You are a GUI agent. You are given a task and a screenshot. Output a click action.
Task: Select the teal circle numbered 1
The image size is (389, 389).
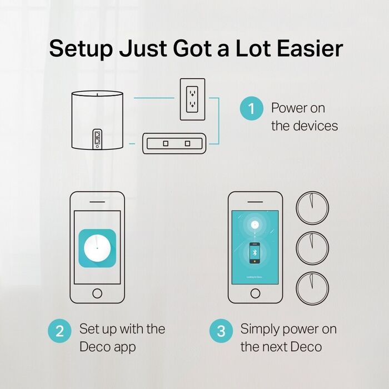[x=251, y=108]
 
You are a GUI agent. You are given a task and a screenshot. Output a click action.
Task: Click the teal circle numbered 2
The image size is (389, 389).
[x=59, y=332]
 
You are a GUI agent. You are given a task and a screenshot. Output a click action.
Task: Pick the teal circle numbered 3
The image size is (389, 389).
[x=221, y=332]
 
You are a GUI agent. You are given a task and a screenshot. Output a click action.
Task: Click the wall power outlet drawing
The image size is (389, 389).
[x=192, y=99]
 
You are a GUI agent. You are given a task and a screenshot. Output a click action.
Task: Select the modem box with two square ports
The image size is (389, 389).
[x=175, y=143]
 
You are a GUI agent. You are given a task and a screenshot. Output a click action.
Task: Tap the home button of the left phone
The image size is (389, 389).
[x=97, y=293]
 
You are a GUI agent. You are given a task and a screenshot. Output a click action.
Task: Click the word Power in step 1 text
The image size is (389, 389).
[x=290, y=108]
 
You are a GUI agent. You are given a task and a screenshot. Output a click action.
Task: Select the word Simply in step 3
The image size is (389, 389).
[x=261, y=329]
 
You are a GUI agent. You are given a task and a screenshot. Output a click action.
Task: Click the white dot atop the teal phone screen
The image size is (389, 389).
[x=255, y=225]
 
